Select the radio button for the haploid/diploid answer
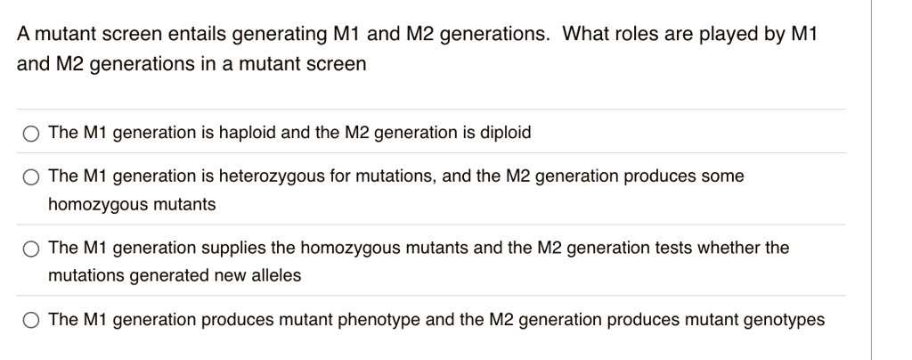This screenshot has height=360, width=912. coord(31,134)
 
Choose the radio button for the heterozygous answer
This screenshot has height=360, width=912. coord(31,176)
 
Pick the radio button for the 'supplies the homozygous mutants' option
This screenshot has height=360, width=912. coord(31,248)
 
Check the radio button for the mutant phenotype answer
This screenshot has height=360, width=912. coord(31,319)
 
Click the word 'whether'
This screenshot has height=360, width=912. coord(724,247)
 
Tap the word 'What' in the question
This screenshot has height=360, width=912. coord(585,35)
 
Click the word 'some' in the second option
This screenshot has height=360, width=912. coord(723,176)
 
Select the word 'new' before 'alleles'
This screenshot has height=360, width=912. coord(231,275)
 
